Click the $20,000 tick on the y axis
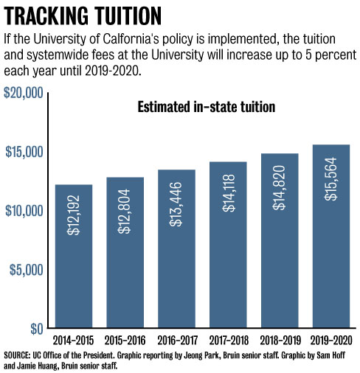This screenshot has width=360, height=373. point(23,93)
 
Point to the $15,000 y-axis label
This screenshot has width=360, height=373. point(23,152)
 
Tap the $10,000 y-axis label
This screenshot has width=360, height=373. point(23,211)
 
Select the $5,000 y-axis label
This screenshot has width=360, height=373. point(26,270)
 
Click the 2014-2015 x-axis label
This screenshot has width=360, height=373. point(73,341)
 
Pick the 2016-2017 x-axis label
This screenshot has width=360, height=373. point(176,341)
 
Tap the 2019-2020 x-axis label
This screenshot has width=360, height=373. point(330,341)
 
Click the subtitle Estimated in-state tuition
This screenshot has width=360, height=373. point(207,108)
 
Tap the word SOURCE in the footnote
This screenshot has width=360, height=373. point(19,355)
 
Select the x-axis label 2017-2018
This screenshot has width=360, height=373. point(228,341)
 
